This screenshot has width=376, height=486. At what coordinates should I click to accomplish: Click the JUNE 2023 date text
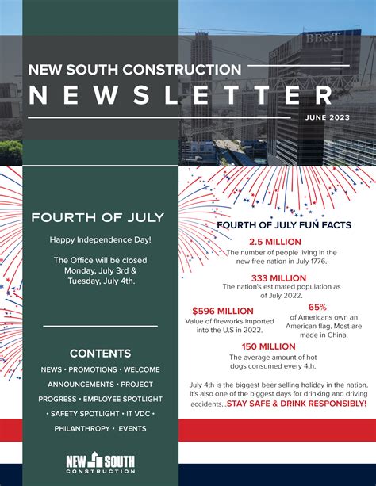pyautogui.click(x=326, y=117)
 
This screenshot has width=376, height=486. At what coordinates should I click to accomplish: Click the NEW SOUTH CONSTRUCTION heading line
pyautogui.click(x=134, y=69)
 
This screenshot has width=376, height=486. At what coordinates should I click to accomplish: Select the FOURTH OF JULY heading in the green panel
pyautogui.click(x=98, y=217)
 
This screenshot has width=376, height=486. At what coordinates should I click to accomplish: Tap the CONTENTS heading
pyautogui.click(x=100, y=353)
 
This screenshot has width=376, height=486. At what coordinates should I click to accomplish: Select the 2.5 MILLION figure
pyautogui.click(x=275, y=241)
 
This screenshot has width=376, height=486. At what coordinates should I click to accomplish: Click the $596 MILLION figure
pyautogui.click(x=224, y=310)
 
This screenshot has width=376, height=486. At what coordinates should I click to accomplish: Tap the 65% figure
pyautogui.click(x=317, y=306)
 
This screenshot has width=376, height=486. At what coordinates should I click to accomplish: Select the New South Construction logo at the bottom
pyautogui.click(x=100, y=462)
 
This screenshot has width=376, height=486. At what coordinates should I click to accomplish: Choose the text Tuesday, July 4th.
pyautogui.click(x=101, y=280)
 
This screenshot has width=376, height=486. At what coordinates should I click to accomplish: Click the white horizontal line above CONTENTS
pyautogui.click(x=100, y=326)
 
